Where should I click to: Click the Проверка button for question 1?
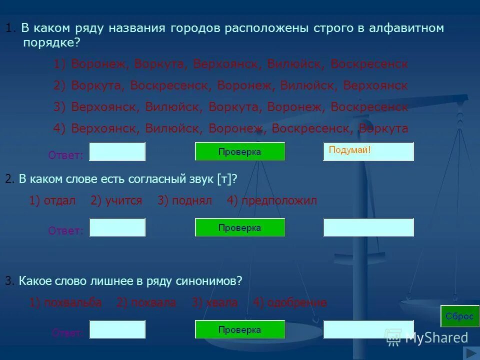coord(239,151)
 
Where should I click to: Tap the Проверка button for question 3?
coord(239,329)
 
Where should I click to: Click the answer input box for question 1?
coord(117,151)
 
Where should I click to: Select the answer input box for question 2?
coord(117,227)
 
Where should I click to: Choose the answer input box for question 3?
coord(117,329)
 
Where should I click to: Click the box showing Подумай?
coord(368,151)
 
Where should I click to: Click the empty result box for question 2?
coord(368,227)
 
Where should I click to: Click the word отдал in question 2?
coord(59,201)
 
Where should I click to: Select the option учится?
coord(123,201)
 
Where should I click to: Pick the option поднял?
coord(192,201)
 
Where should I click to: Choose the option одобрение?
coord(297,302)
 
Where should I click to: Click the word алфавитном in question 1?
coord(407,28)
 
